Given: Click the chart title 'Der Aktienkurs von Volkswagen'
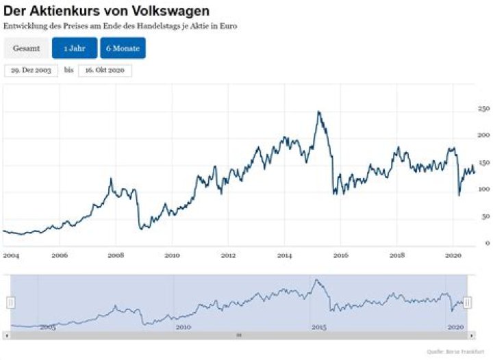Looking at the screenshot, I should pyautogui.click(x=106, y=12).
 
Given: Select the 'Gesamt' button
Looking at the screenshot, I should pyautogui.click(x=26, y=49).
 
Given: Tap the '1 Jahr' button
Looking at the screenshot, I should pyautogui.click(x=75, y=49).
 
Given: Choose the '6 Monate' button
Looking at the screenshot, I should pyautogui.click(x=123, y=49).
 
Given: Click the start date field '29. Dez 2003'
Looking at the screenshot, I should pyautogui.click(x=31, y=70).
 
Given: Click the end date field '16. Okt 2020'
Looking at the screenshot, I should pyautogui.click(x=104, y=70).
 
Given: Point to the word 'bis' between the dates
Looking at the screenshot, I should pyautogui.click(x=68, y=70).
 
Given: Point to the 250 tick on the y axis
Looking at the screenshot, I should pyautogui.click(x=483, y=109).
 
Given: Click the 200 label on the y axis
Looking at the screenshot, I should pyautogui.click(x=483, y=136).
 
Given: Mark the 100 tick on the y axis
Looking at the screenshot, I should pyautogui.click(x=483, y=190).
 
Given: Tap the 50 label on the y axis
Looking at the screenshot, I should pyautogui.click(x=485, y=216).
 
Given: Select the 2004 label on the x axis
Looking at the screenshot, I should pyautogui.click(x=10, y=255).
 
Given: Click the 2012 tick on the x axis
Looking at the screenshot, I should pyautogui.click(x=228, y=255).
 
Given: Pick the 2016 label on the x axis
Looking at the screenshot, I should pyautogui.click(x=340, y=255).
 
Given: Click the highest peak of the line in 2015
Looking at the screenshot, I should pyautogui.click(x=318, y=112).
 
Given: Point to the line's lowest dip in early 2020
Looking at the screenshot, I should pyautogui.click(x=459, y=195).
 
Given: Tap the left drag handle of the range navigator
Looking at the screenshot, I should pyautogui.click(x=11, y=303).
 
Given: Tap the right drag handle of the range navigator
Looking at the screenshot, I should pyautogui.click(x=468, y=303).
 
